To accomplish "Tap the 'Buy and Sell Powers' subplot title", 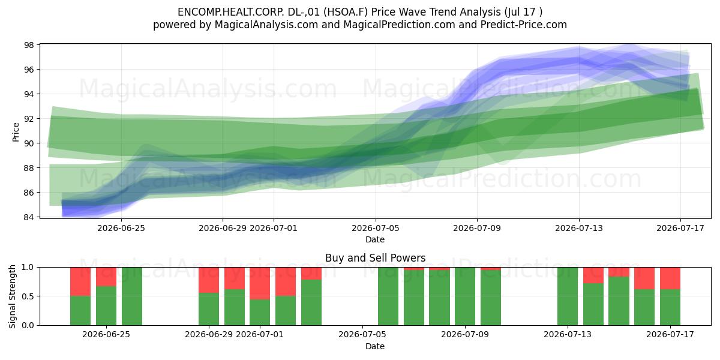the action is tap(375, 258).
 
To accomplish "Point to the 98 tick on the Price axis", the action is tap(29, 44).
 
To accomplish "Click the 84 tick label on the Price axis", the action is tap(29, 217).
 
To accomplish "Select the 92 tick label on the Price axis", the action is tap(29, 119).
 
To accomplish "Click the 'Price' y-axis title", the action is tap(16, 132).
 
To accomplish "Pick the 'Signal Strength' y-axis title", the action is tap(12, 296).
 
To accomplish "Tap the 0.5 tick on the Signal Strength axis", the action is tap(28, 296).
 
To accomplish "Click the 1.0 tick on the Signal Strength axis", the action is tap(28, 267).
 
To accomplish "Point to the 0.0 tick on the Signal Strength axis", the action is tap(28, 325).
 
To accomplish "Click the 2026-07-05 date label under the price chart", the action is tap(376, 228).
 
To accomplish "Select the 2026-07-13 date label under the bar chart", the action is tap(568, 335).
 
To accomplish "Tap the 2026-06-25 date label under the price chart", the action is tap(121, 228).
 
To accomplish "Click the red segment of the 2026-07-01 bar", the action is tap(260, 283).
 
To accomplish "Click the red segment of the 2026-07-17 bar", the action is tap(670, 278).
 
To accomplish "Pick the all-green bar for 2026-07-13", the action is tap(568, 296).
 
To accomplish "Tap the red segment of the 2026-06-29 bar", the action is tap(209, 280).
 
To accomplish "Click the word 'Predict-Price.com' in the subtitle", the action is tap(524, 25).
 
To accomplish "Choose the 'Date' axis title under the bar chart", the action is tap(375, 346).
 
